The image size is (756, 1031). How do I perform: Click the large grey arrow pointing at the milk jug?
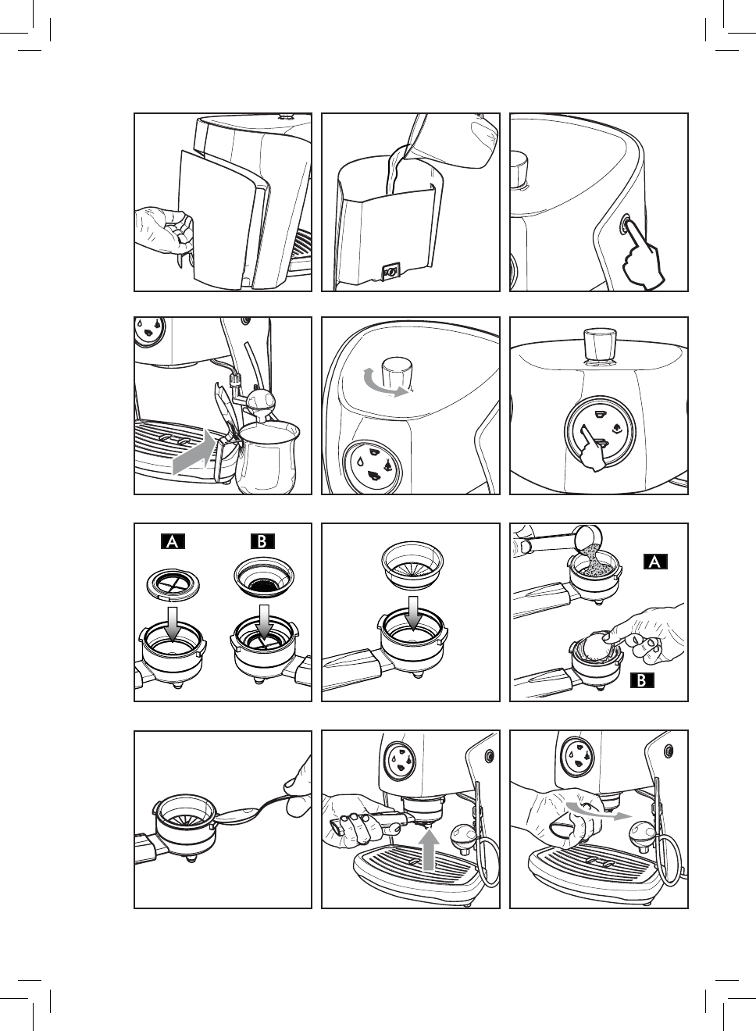[x=194, y=453]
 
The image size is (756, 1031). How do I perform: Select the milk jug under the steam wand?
[x=266, y=458]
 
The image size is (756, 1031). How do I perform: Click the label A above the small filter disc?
[x=173, y=541]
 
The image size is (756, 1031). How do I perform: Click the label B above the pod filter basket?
[x=262, y=541]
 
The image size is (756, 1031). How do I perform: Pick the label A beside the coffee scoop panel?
[x=655, y=562]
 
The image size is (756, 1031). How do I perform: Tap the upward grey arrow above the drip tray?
[x=429, y=851]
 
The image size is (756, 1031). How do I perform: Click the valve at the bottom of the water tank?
[x=391, y=271]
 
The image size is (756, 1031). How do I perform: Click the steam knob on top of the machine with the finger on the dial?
[x=601, y=344]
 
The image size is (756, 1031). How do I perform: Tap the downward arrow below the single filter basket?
[x=412, y=613]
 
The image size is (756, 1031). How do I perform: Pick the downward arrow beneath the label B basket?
[x=264, y=623]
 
